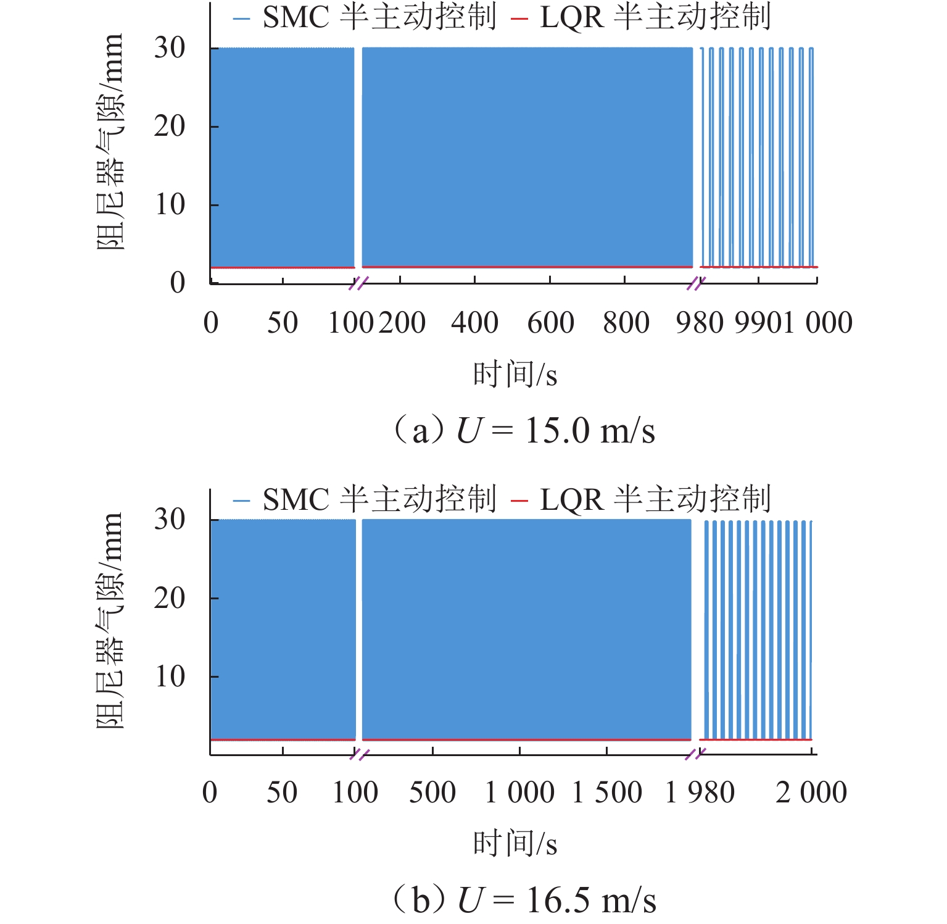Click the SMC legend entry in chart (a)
pos(364,17)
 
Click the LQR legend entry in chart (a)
pos(642,17)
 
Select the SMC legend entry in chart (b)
pos(364,499)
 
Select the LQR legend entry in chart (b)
pos(642,499)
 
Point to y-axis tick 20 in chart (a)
pos(170,126)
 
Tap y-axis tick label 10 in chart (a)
pos(170,204)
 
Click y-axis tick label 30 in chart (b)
pos(170,519)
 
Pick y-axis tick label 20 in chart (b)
pos(170,597)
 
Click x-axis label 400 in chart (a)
pos(474,322)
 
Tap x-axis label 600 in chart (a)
pos(550,322)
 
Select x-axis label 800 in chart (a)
pos(626,322)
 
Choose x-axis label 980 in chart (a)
pos(699,322)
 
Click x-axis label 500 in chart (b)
pos(432,793)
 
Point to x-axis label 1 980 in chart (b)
pos(700,793)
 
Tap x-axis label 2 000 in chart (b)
pos(811,793)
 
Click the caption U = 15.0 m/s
pos(524,430)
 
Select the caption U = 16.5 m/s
pos(524,899)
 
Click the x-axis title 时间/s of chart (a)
pos(515,375)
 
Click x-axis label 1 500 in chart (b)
pos(607,793)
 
